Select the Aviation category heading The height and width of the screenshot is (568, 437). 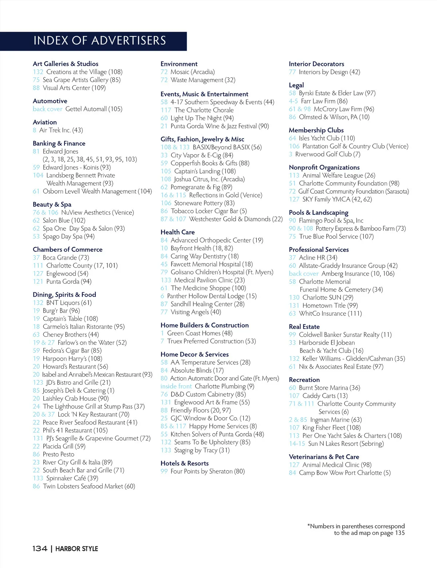tap(45, 122)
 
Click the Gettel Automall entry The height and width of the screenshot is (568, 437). tap(94, 109)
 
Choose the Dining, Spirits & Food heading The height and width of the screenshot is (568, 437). tap(64, 295)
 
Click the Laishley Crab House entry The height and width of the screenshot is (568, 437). tap(75, 398)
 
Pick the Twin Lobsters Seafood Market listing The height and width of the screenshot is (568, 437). tap(88, 486)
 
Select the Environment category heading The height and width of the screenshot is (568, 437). tap(179, 64)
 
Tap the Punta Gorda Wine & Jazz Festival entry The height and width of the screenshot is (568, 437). tap(220, 126)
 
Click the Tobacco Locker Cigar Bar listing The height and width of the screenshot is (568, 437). tap(208, 211)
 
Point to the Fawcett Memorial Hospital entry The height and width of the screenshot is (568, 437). tap(211, 264)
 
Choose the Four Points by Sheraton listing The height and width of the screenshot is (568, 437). tap(207, 471)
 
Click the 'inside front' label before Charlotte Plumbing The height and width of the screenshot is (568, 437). tap(176, 386)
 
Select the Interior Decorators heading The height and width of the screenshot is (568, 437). tap(316, 64)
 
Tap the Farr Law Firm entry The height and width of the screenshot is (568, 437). tap(324, 101)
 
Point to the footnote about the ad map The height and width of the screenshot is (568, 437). tap(356, 529)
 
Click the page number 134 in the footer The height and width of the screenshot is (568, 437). tap(40, 549)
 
